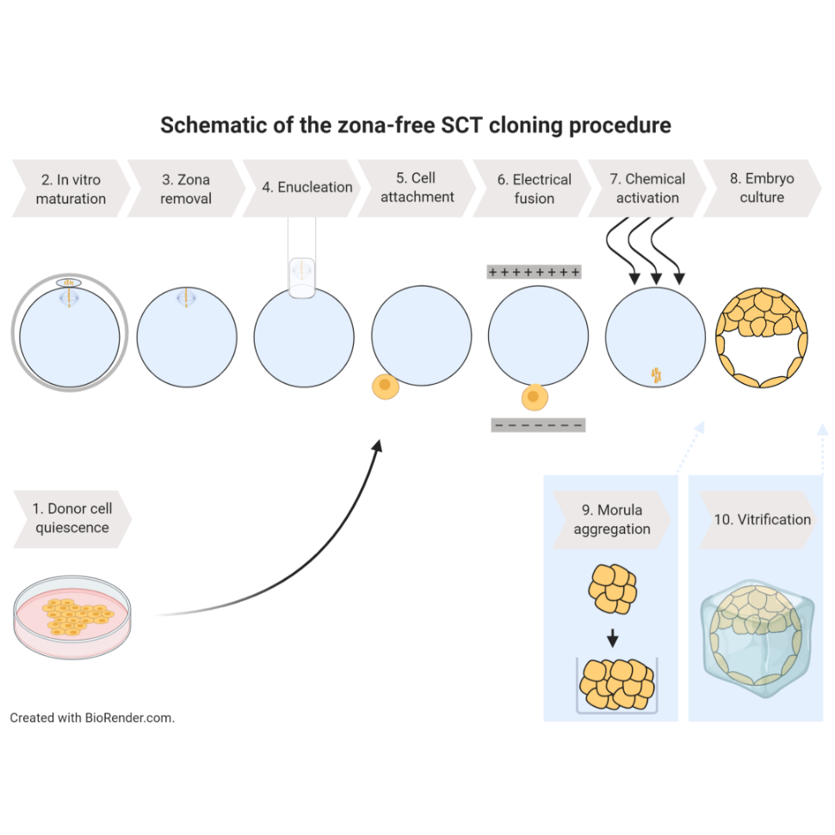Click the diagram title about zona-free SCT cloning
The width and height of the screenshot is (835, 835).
416,126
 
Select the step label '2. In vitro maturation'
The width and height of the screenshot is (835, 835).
71,189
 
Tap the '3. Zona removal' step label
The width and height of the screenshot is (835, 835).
186,189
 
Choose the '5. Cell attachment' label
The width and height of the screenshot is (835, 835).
417,188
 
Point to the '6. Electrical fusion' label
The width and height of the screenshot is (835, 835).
534,189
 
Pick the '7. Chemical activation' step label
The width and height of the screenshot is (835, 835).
647,188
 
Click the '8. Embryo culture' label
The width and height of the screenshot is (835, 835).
762,188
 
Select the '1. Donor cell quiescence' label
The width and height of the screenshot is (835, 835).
72,518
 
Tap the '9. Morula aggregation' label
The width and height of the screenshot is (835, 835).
611,519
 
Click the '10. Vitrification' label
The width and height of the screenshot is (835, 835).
762,520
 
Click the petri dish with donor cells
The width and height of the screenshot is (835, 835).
73,618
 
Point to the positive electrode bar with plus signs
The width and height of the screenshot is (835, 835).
534,273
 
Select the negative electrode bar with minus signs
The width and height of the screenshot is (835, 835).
538,424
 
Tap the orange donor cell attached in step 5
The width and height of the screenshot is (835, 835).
385,386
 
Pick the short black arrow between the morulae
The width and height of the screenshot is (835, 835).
612,638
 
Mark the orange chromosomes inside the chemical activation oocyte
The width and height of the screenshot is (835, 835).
656,374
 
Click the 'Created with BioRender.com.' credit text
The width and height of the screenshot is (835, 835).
92,717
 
